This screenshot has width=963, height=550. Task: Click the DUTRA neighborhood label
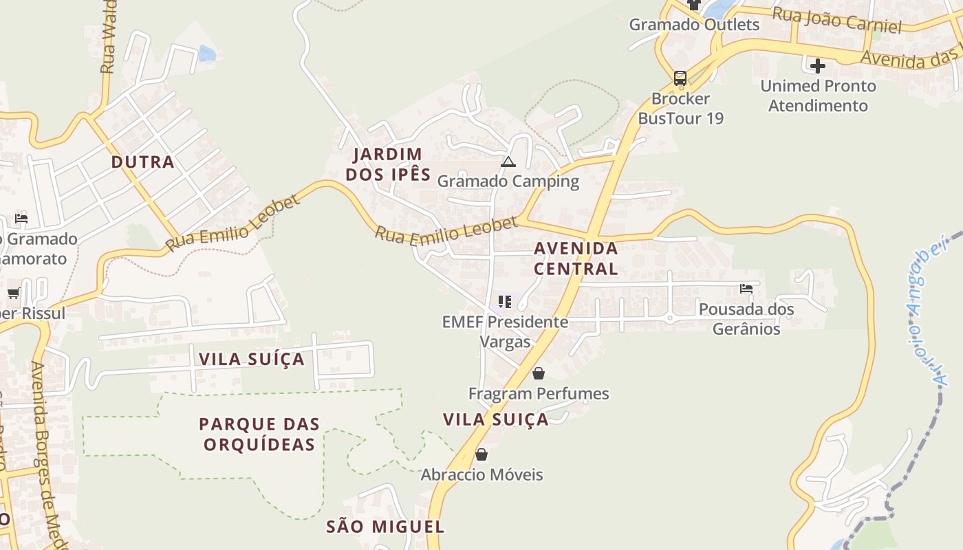coord(143,162)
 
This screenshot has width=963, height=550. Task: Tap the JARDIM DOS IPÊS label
coord(388,164)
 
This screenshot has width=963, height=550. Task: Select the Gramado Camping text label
coord(508,181)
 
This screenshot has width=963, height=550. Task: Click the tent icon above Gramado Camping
coord(508,162)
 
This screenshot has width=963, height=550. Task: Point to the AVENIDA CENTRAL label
coord(576,258)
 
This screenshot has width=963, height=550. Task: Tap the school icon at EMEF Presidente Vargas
coord(505,302)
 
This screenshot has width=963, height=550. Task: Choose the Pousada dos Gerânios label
coord(746,319)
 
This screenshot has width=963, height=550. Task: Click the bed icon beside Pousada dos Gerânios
coord(746,289)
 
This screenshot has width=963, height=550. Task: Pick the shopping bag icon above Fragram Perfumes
coord(539,373)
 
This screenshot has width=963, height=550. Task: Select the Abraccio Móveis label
coord(481,475)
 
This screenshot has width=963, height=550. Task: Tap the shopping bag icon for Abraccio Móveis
coord(481,454)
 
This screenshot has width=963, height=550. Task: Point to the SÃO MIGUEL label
coord(385,527)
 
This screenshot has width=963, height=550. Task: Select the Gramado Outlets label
coord(694,25)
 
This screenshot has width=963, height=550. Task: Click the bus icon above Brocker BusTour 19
coord(680,78)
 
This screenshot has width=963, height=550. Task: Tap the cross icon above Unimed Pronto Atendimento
coord(818,66)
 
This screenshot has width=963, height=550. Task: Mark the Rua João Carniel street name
coord(836,21)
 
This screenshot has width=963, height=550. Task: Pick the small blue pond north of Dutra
coord(207,53)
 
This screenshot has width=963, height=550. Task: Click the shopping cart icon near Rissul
coord(13,294)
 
